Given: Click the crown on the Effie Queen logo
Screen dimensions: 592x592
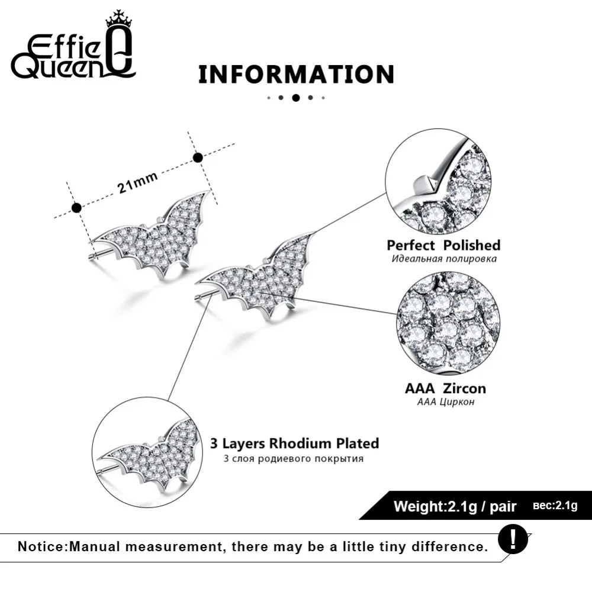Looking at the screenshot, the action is [x=118, y=20].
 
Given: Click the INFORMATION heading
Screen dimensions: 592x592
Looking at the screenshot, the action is [x=297, y=75].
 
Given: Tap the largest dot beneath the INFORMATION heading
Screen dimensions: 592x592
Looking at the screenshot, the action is [x=296, y=98].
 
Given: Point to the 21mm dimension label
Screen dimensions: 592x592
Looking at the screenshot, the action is [x=137, y=183].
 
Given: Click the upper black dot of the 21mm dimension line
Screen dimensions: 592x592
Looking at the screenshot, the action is [x=198, y=158].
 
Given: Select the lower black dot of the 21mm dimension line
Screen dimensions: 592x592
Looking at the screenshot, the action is [x=76, y=208].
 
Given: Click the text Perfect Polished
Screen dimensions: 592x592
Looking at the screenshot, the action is [x=443, y=246].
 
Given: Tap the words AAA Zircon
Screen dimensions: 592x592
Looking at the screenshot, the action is [x=446, y=388].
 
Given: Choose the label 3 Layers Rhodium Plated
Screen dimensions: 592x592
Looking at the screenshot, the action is [x=294, y=443].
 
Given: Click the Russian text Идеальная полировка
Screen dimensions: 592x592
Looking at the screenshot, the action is [x=444, y=259].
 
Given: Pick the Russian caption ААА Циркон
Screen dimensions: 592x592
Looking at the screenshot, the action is [x=446, y=402].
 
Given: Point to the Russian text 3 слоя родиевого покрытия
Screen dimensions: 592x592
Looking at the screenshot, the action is [x=294, y=459].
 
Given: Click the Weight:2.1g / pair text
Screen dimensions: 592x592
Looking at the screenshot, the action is [x=455, y=506].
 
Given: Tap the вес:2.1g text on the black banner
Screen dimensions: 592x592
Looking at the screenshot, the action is [x=555, y=505].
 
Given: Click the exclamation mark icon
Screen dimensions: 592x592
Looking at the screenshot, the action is [x=513, y=539].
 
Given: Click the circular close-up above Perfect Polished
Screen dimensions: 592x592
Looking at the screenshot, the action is [x=438, y=182].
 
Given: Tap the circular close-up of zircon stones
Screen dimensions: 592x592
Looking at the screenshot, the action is [x=448, y=323].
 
